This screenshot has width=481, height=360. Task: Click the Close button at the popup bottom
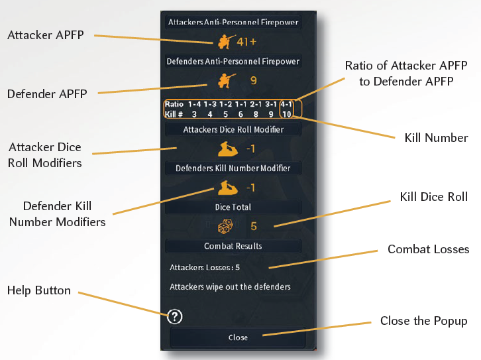pos(238,337)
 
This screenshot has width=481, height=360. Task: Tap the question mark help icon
pos(176,316)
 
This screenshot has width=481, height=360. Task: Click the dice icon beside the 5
pos(225,226)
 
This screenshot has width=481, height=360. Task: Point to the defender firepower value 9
pos(253,81)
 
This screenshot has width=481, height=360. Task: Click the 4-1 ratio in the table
pos(287,104)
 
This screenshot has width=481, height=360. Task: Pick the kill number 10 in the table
pos(286,114)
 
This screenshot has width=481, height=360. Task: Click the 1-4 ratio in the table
pos(194,104)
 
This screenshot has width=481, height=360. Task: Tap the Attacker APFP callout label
pos(46,34)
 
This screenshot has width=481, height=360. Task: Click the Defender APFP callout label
pos(47,93)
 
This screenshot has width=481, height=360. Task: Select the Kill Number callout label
pos(436,138)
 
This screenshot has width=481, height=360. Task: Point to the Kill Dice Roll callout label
pos(434,196)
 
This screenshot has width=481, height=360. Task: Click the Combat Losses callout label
pos(428,249)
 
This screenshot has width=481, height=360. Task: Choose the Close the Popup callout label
pos(424,321)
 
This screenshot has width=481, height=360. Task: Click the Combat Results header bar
pos(233,246)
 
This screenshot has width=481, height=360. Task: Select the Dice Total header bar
pos(233,207)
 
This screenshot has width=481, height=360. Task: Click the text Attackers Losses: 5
pos(205,268)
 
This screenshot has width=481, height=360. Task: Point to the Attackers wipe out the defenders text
pos(230,287)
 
